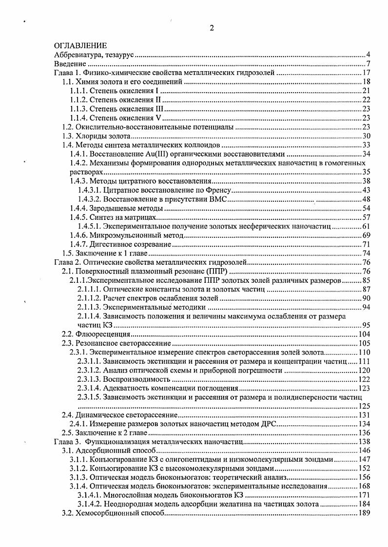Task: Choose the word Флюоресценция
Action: [102, 334]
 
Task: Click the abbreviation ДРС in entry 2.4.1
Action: [269, 424]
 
